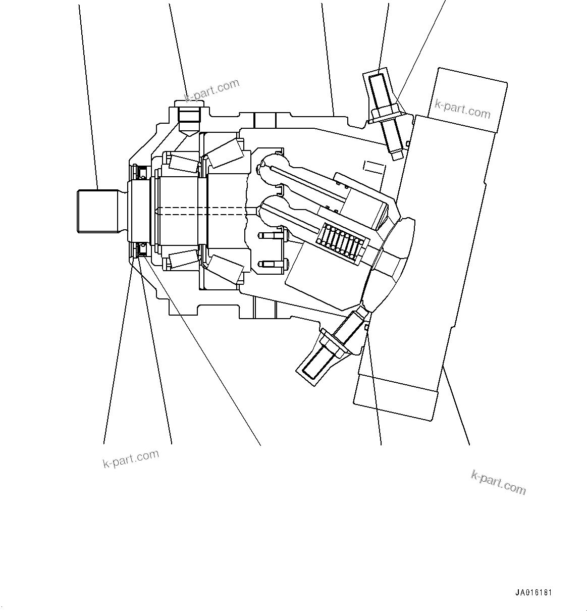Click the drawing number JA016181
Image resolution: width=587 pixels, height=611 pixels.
point(537,593)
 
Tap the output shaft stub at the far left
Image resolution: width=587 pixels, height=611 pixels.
point(98,211)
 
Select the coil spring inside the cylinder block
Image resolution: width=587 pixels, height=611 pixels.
point(342,242)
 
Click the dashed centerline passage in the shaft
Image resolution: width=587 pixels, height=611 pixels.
point(202,212)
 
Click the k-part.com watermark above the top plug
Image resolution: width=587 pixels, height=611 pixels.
point(212,90)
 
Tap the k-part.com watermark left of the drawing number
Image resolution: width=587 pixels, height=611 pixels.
point(498,482)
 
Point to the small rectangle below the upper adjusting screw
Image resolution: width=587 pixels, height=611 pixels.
point(372,167)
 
